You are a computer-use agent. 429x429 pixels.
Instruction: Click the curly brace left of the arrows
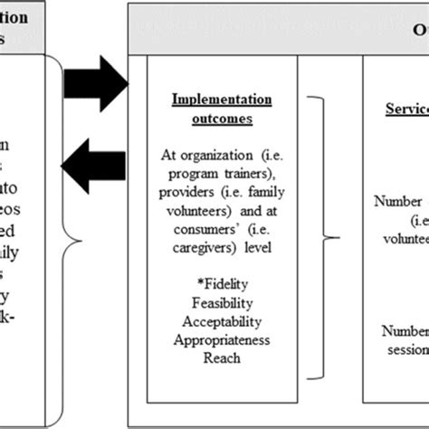pyautogui.click(x=75, y=240)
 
